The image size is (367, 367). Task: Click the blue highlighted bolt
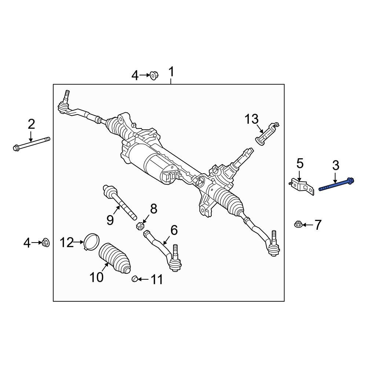coord(336,185)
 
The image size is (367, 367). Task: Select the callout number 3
coord(335,166)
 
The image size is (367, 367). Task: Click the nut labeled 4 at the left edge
coord(46,242)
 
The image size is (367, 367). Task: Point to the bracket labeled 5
coord(302,186)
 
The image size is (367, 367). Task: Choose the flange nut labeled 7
coord(298,224)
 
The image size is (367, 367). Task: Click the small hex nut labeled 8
coord(139,225)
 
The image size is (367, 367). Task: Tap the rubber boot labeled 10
coord(115,258)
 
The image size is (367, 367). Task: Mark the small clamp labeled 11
coord(135,280)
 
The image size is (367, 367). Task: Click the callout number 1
coord(171,73)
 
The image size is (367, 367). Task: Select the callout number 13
coord(252,119)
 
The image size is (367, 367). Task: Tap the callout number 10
coord(97,277)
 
